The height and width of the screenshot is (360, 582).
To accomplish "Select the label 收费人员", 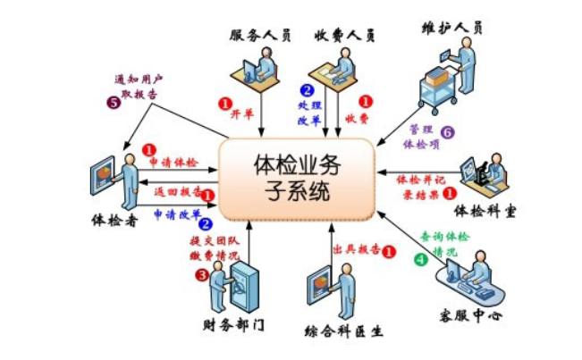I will [x=343, y=34].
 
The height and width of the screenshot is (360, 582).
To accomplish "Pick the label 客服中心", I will [x=468, y=314].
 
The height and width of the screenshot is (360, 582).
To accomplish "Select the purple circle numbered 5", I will [x=114, y=102].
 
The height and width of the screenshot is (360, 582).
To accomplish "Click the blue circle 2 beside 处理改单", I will [x=307, y=89].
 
